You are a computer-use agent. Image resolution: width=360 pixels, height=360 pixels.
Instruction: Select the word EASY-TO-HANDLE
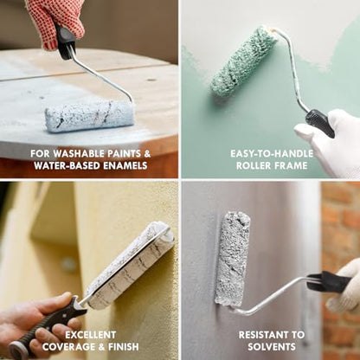(272, 153)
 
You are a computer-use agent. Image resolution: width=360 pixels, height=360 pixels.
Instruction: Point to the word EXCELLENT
(90, 335)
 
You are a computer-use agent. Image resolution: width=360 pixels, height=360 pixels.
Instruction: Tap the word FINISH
(123, 346)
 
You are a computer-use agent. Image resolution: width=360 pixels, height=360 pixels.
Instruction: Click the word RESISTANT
(264, 335)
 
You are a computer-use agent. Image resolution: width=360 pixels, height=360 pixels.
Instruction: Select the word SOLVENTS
(272, 346)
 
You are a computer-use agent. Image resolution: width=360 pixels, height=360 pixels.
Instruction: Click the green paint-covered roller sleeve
(244, 61)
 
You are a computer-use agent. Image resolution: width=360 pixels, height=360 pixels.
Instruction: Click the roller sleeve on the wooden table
(90, 115)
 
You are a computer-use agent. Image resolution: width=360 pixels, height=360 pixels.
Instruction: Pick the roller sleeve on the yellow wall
(131, 264)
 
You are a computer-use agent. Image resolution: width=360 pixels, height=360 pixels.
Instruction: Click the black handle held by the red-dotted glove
(65, 42)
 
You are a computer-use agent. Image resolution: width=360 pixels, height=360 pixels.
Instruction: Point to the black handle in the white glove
(320, 123)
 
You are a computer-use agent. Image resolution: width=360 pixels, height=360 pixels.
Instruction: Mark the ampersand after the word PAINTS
(147, 153)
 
